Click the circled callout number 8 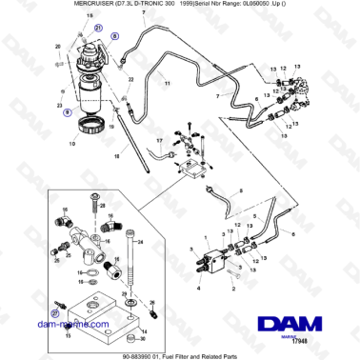pos(115,35)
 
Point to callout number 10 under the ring pos(72,144)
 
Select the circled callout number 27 pos(55,312)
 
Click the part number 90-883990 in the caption pos(140,354)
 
